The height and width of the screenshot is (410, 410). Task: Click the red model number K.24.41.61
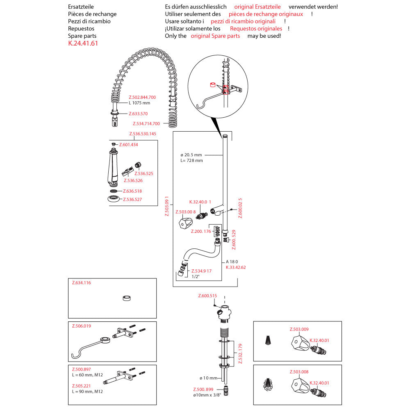pyautogui.click(x=83, y=43)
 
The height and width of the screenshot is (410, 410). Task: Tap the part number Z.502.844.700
pyautogui.click(x=142, y=97)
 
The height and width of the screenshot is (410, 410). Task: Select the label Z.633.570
pyautogui.click(x=138, y=114)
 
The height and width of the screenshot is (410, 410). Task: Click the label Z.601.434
pyautogui.click(x=128, y=145)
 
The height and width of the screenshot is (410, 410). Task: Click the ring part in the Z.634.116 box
pyautogui.click(x=127, y=298)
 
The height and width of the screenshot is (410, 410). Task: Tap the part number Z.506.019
pyautogui.click(x=81, y=326)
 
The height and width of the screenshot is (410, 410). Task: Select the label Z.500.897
pyautogui.click(x=81, y=369)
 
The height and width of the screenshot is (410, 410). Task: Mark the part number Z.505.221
pyautogui.click(x=81, y=385)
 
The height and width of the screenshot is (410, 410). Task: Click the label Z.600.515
pyautogui.click(x=207, y=296)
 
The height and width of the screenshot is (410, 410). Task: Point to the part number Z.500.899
pyautogui.click(x=203, y=389)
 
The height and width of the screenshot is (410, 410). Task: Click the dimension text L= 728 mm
pyautogui.click(x=191, y=160)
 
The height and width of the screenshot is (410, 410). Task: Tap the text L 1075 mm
pyautogui.click(x=139, y=103)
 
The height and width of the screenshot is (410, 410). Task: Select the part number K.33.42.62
pyautogui.click(x=236, y=267)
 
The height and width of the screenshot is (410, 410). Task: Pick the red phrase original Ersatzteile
pyautogui.click(x=257, y=7)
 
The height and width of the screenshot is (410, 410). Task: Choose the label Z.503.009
pyautogui.click(x=299, y=329)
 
